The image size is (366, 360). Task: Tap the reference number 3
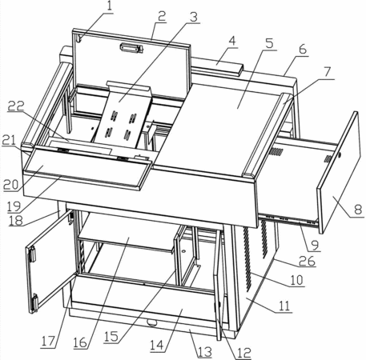point(194,17)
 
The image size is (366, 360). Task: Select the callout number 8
point(358,210)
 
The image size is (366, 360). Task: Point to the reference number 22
point(16,106)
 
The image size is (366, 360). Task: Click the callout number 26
point(307,261)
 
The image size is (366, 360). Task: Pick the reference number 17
point(48,342)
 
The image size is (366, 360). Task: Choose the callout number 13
point(204,352)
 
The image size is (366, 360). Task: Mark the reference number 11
point(284,306)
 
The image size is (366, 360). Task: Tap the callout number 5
point(270,43)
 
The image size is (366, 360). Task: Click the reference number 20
point(11,185)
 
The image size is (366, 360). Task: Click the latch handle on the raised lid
point(131,48)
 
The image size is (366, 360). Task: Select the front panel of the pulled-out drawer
point(337,173)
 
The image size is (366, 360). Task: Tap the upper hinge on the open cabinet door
point(32,254)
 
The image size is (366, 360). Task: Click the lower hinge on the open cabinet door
point(34,303)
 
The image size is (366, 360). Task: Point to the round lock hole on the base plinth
point(152,323)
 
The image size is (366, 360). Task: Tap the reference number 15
point(111,337)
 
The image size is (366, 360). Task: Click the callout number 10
point(297,280)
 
